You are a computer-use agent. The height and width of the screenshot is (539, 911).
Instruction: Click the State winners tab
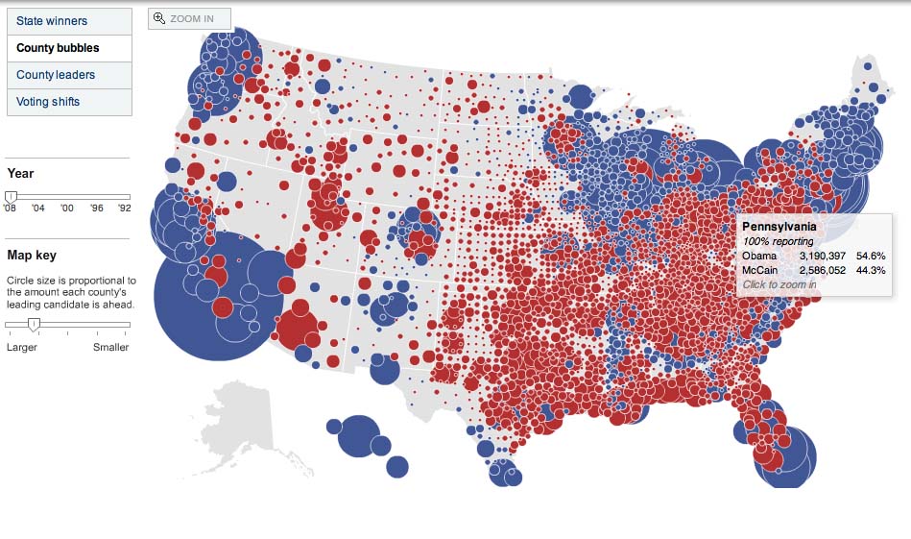click(x=52, y=21)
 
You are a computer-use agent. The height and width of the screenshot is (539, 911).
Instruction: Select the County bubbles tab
click(x=58, y=48)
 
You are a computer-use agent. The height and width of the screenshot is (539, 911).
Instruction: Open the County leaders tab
click(x=56, y=75)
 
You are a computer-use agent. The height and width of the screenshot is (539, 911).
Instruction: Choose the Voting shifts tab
click(x=48, y=102)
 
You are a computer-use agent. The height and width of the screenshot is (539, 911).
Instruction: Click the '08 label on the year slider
click(x=11, y=208)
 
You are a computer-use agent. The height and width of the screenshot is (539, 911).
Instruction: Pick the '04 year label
click(x=38, y=208)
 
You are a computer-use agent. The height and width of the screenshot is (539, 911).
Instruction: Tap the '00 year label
click(x=66, y=208)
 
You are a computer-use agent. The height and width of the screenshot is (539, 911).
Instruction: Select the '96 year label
click(x=97, y=208)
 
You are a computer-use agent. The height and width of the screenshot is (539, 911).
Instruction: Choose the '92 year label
click(x=125, y=208)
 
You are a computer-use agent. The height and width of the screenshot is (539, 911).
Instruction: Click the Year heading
click(x=20, y=174)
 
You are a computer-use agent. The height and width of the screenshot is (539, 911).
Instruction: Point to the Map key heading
click(x=32, y=256)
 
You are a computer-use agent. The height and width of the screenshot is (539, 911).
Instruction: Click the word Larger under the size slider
click(x=21, y=347)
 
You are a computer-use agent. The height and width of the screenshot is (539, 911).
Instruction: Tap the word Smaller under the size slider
click(x=110, y=347)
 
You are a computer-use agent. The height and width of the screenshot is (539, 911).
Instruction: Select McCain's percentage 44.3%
click(x=871, y=271)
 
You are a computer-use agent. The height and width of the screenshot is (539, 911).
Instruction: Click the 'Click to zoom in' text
click(x=779, y=284)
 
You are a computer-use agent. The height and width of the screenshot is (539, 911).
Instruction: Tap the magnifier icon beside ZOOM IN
click(x=160, y=18)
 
